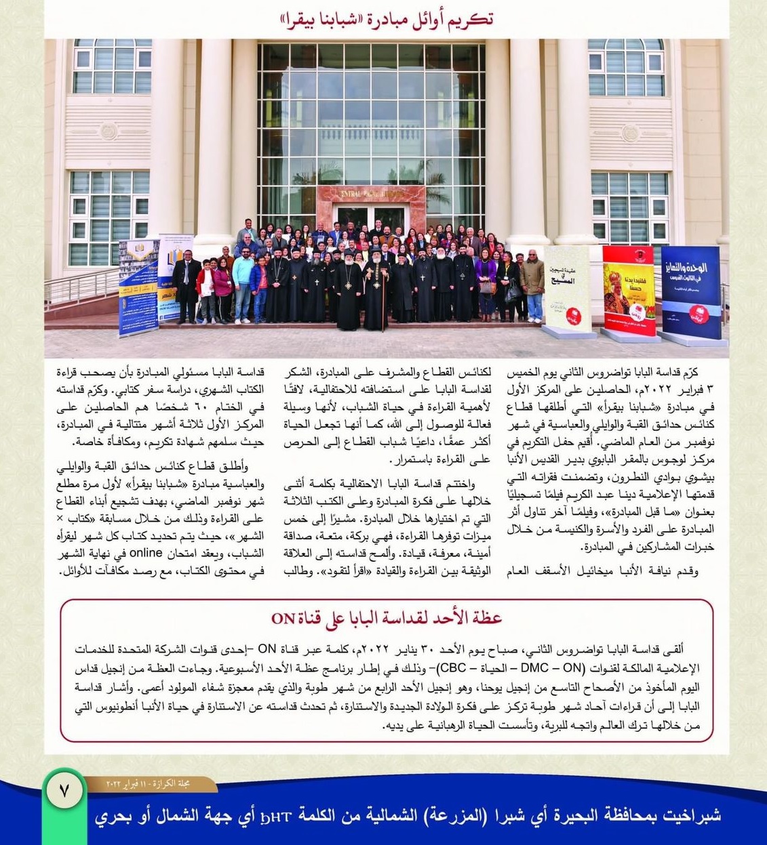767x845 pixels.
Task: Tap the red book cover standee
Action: pyautogui.click(x=629, y=290)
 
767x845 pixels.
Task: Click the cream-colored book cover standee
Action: pyautogui.click(x=567, y=289)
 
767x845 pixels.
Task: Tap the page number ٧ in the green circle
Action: pyautogui.click(x=65, y=791)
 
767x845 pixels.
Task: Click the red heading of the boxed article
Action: pyautogui.click(x=387, y=617)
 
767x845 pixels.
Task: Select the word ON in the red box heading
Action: pyautogui.click(x=283, y=618)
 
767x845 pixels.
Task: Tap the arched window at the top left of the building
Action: pyautogui.click(x=113, y=66)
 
